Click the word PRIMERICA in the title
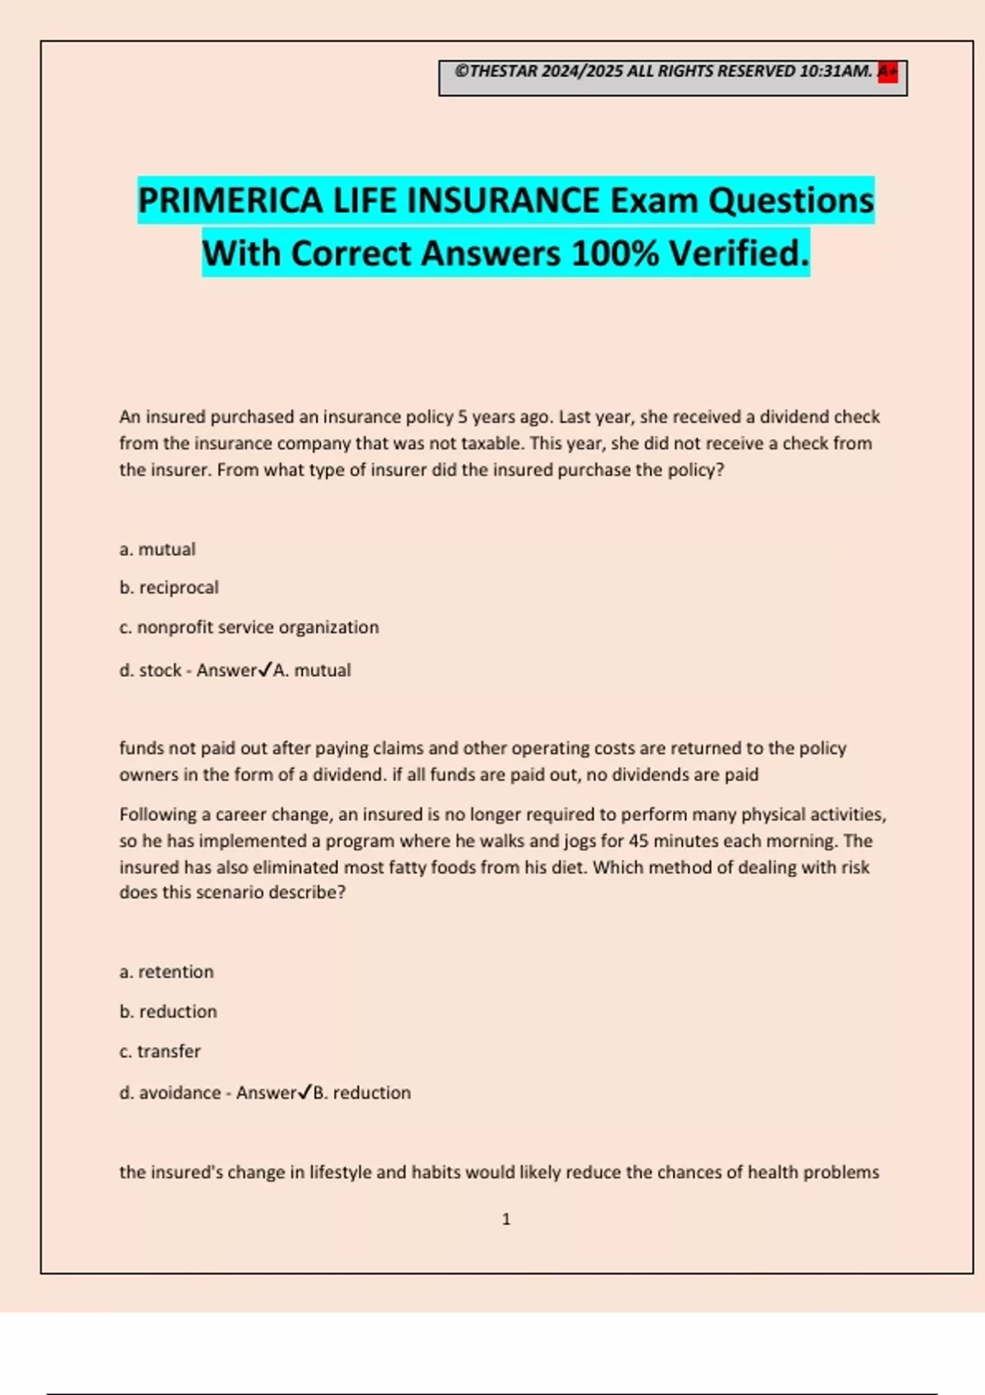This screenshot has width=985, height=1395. [x=231, y=201]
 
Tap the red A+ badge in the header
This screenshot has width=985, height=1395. [x=887, y=72]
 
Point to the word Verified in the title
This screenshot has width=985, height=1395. [x=739, y=254]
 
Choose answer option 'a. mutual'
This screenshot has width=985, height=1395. [x=158, y=549]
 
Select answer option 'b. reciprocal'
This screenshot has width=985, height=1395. [x=169, y=588]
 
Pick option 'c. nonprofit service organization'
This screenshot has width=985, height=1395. [x=250, y=627]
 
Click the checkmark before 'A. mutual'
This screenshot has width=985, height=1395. [x=264, y=670]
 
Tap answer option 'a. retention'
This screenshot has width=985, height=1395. [x=167, y=972]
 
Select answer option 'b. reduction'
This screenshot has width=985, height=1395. [x=168, y=1011]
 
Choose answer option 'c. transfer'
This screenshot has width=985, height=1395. [x=160, y=1051]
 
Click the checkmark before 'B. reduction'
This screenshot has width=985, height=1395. [x=305, y=1092]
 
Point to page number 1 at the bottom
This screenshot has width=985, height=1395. [x=506, y=1219]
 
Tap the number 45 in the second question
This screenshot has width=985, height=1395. [x=639, y=841]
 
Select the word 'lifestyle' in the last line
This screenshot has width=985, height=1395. [x=340, y=1172]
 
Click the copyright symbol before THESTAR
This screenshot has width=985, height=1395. [x=461, y=71]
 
